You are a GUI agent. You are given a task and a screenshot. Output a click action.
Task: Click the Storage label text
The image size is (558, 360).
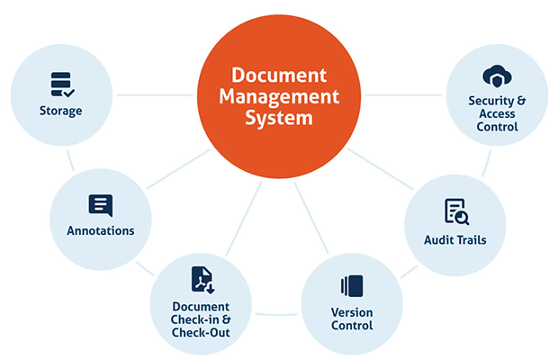pyautogui.click(x=61, y=111)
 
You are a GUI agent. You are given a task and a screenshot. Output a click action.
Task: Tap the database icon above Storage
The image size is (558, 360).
pyautogui.click(x=61, y=84)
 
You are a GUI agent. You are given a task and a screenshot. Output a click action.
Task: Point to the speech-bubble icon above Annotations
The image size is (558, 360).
pyautogui.click(x=101, y=204)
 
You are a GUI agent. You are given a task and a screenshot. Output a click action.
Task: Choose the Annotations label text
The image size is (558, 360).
pyautogui.click(x=101, y=230)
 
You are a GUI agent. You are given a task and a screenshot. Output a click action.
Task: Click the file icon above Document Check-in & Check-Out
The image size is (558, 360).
pyautogui.click(x=202, y=280)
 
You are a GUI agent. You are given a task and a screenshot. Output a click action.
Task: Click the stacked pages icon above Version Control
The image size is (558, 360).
pyautogui.click(x=351, y=287)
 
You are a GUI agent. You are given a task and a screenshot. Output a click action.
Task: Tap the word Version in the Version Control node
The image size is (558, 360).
pyautogui.click(x=351, y=312)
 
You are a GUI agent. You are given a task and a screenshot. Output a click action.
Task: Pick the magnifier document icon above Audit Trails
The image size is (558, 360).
pyautogui.click(x=455, y=212)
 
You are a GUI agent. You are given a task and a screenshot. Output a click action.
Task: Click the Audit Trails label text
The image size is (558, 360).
pyautogui.click(x=455, y=239)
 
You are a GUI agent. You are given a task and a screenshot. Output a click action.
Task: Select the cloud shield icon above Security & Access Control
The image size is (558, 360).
pyautogui.click(x=498, y=75)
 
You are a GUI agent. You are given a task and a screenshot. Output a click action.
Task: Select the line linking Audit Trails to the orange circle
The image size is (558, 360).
pyautogui.click(x=379, y=166)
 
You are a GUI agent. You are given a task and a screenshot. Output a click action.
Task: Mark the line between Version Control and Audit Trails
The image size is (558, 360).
pyautogui.click(x=409, y=269)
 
